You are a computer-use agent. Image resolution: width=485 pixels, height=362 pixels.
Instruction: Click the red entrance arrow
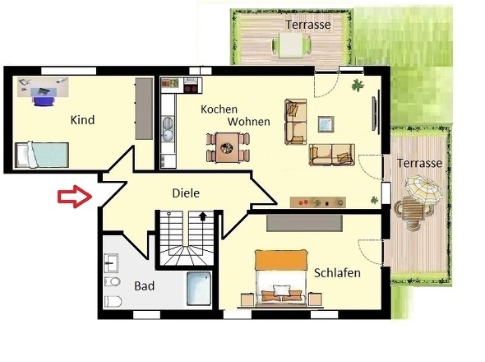(x=73, y=197)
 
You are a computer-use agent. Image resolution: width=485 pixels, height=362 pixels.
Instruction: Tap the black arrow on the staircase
(x=201, y=217)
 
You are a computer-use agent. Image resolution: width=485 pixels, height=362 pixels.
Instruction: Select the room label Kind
(x=82, y=120)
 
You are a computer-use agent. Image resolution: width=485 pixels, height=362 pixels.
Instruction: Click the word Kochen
(x=219, y=109)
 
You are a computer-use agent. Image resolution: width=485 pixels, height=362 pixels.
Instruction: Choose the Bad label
(x=144, y=286)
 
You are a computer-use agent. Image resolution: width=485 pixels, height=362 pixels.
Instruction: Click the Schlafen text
(x=337, y=272)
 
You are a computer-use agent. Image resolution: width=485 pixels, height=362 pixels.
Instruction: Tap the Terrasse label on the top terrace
(x=307, y=25)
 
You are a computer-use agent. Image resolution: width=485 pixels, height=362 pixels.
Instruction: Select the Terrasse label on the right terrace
(x=419, y=163)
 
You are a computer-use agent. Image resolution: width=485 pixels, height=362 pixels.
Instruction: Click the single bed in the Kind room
(x=41, y=153)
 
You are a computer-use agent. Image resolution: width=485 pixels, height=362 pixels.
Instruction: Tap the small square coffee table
(x=326, y=123)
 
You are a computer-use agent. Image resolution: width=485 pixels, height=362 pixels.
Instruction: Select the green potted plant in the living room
(x=357, y=84)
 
